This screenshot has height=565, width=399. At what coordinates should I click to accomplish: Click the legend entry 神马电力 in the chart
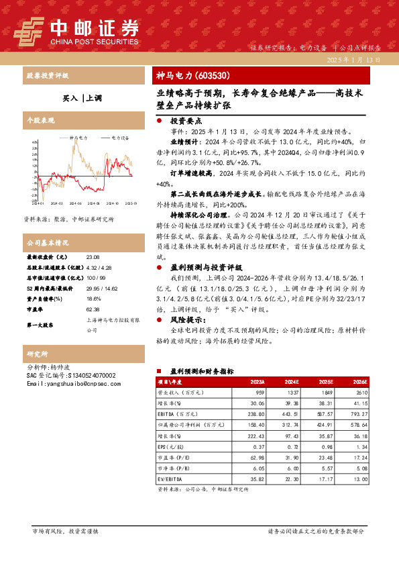78,137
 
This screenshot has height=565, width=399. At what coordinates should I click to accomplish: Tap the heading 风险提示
187,321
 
